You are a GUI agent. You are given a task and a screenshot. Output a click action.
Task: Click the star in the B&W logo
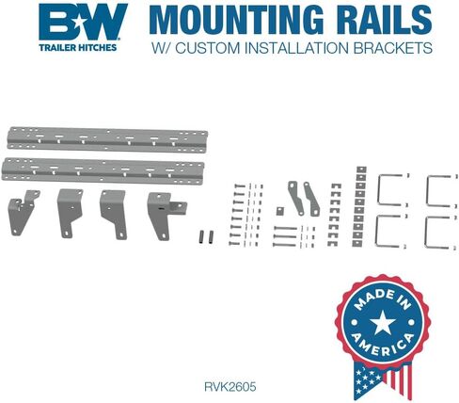click(x=78, y=23)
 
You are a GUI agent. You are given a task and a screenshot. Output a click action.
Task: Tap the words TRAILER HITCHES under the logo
click(x=78, y=47)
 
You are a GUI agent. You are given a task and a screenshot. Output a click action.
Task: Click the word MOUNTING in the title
click(x=237, y=19)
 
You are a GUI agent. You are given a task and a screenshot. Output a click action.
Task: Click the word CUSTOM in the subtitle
click(x=208, y=48)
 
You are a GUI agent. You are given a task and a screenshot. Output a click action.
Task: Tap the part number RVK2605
click(x=229, y=386)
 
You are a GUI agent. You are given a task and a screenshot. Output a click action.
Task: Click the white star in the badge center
click(x=383, y=322)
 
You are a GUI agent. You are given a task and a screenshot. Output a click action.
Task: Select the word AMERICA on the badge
click(x=383, y=344)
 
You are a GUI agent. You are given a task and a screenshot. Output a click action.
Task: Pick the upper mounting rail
click(x=107, y=139)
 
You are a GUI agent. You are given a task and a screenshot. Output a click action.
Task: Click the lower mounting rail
click(x=103, y=170)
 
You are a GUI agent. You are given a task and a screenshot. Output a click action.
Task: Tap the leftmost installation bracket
click(x=23, y=212)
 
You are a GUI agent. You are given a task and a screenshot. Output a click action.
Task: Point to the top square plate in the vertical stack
click(x=361, y=169)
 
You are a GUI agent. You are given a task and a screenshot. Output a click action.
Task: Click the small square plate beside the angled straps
click(x=280, y=211)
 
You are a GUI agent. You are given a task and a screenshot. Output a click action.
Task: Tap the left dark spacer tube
click(x=202, y=237)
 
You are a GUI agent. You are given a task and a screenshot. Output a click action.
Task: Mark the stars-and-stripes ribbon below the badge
click(x=383, y=379)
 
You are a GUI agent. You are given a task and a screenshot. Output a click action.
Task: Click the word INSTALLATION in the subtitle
click(x=296, y=48)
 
